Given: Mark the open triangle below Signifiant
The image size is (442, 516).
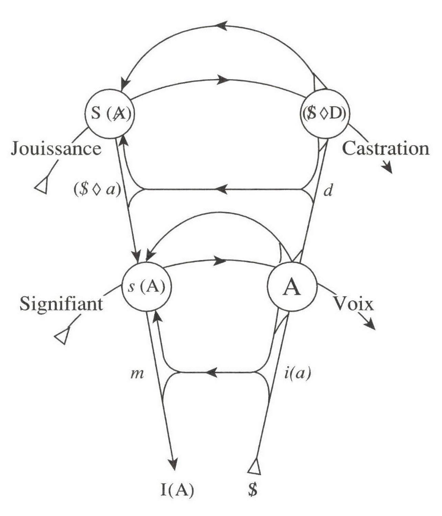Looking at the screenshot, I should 62,336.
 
